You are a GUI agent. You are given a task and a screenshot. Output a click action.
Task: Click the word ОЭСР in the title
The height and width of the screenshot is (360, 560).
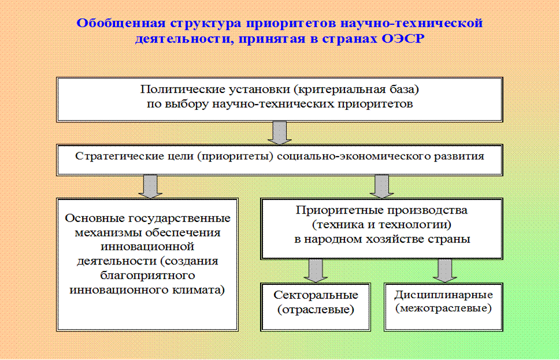411,39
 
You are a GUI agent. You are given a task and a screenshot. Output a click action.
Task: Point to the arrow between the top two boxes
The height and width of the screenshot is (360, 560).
279,132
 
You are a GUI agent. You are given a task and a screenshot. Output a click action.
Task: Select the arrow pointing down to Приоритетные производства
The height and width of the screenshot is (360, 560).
381,186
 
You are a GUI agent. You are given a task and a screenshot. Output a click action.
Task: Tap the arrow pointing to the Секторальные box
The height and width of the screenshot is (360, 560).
316,270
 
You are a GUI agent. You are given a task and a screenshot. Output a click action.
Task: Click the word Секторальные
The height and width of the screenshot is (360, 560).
316,295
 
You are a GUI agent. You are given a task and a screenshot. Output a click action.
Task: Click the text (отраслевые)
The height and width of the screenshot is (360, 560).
316,310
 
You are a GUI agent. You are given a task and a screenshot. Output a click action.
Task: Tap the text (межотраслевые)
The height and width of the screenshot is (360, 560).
443,309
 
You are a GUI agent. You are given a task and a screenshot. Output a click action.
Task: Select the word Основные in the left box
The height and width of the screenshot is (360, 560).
92,218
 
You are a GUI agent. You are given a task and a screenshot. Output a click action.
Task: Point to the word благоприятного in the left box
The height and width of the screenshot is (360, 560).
147,274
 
